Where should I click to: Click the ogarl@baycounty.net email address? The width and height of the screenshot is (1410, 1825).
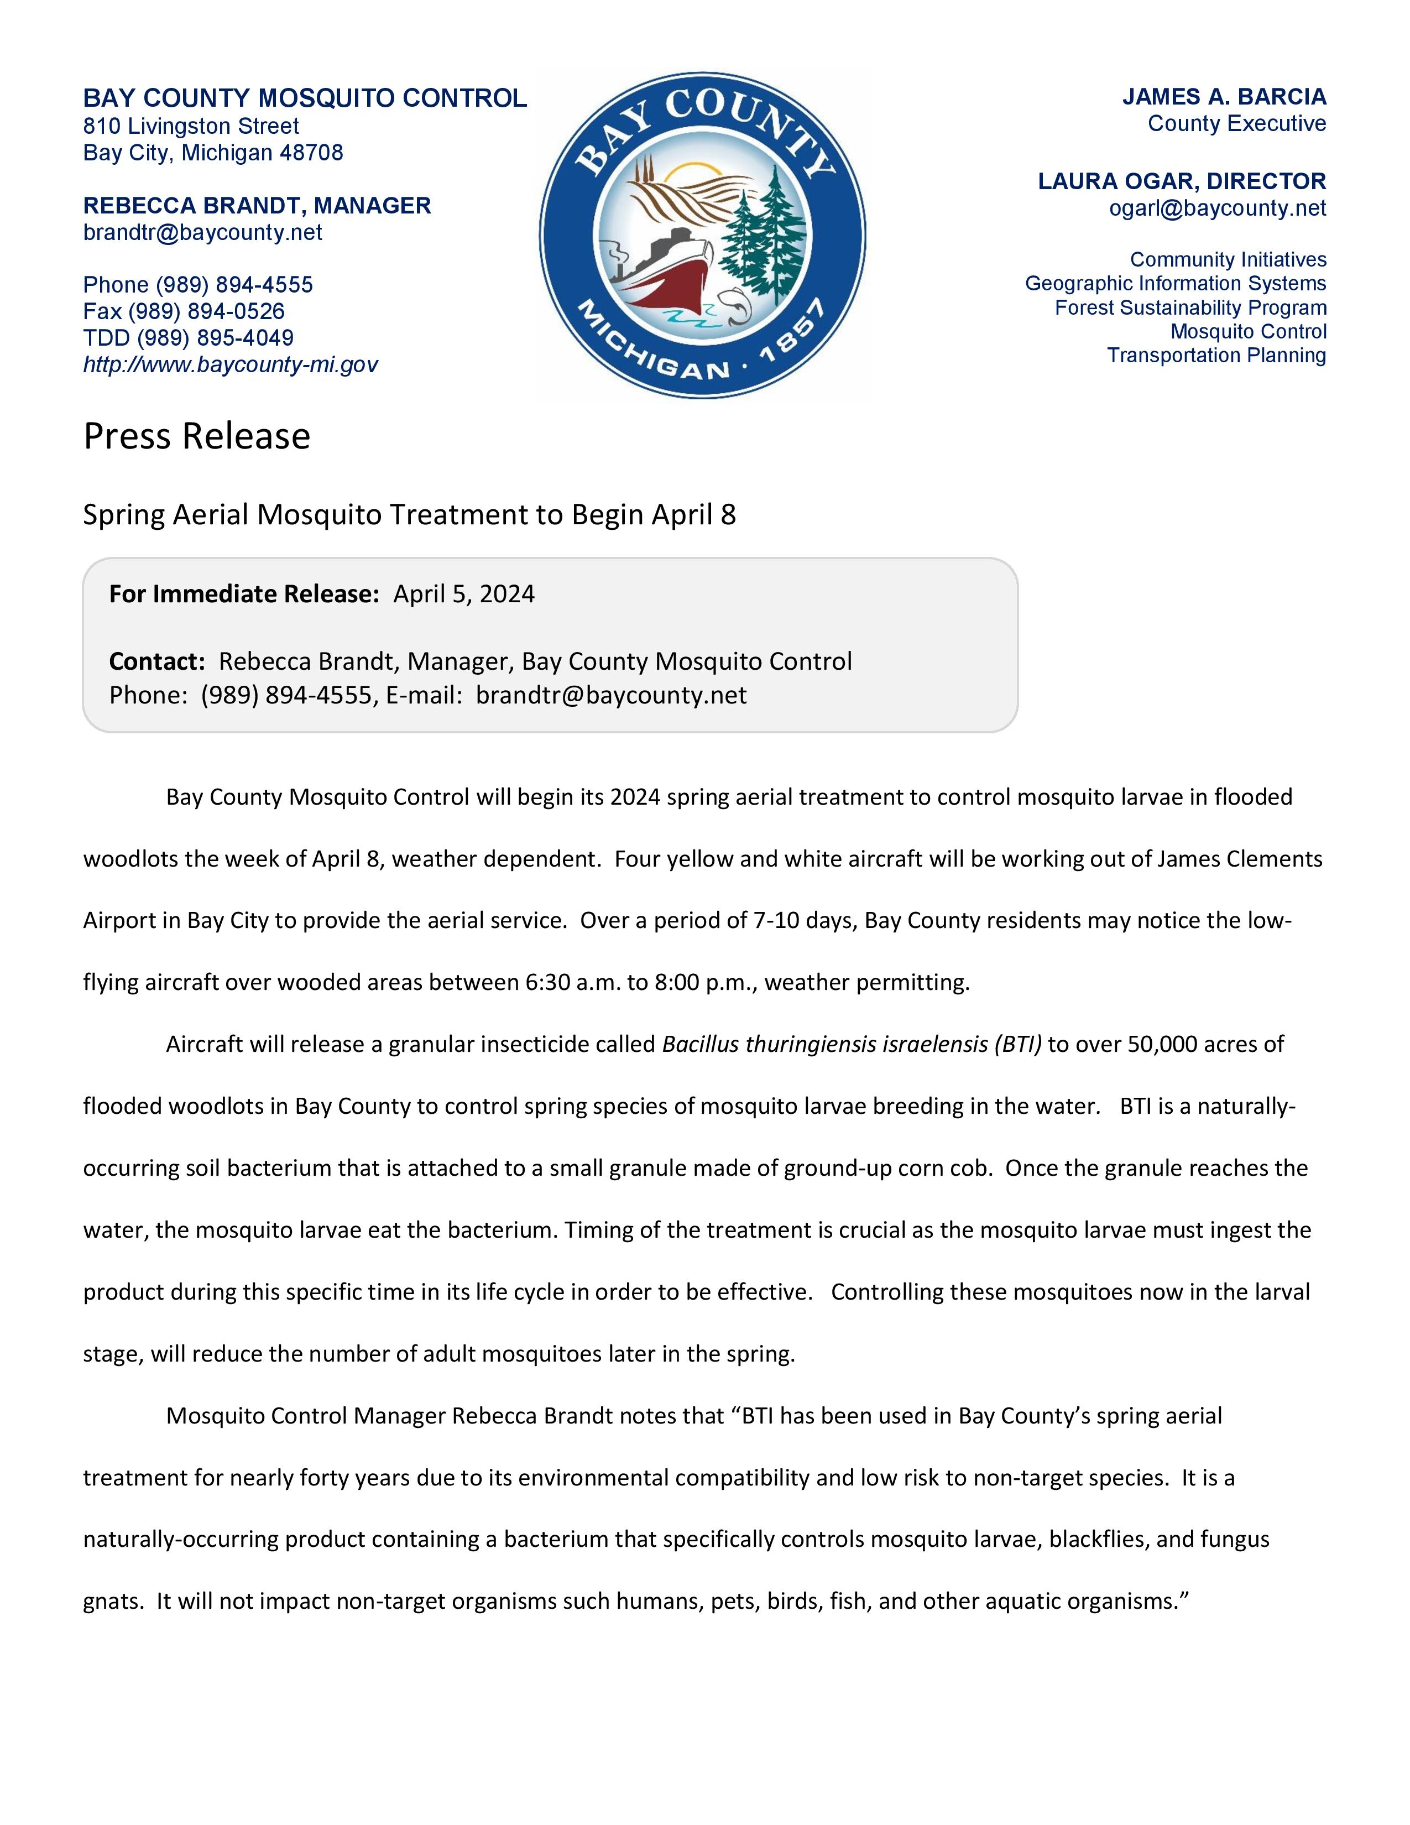(x=1217, y=208)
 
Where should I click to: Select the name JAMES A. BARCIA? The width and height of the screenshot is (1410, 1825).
(x=1224, y=97)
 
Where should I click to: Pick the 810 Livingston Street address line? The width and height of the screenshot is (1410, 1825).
(x=190, y=126)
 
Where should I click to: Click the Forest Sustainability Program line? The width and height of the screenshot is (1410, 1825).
(x=1190, y=307)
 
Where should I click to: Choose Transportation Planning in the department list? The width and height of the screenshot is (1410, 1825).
(x=1216, y=355)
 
